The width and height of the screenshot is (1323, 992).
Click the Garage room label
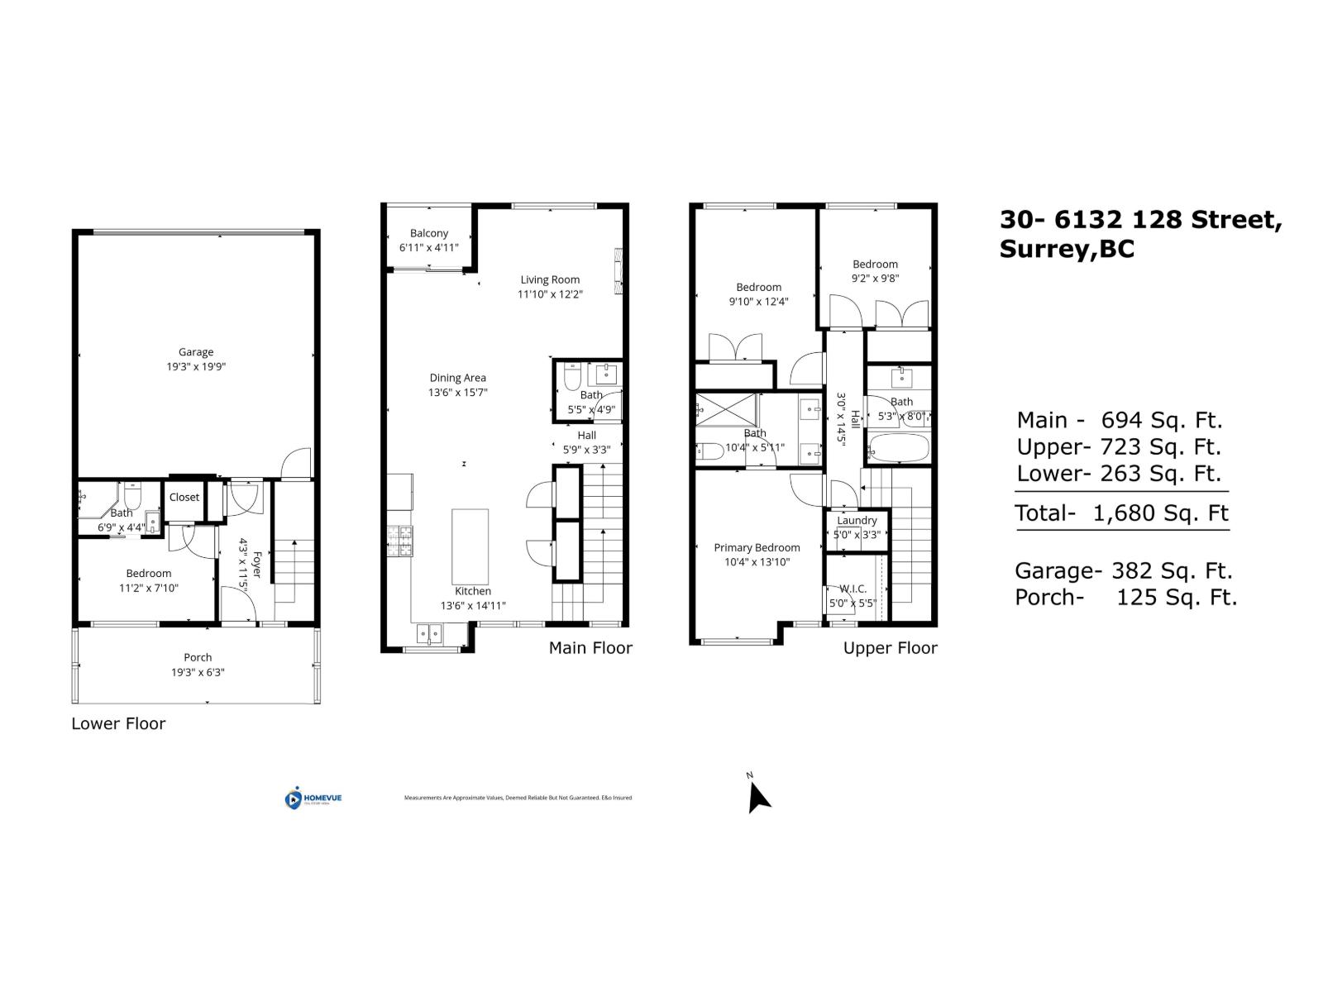tap(196, 352)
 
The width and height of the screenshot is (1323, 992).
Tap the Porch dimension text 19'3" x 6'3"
tap(198, 672)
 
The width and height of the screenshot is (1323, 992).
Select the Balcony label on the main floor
tap(429, 234)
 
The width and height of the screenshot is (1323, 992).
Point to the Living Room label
tap(550, 279)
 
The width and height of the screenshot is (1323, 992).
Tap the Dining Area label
tap(457, 378)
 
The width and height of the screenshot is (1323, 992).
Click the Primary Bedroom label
tap(757, 547)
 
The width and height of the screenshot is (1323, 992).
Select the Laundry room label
tap(857, 520)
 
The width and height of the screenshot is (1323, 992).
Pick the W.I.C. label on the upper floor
tap(853, 589)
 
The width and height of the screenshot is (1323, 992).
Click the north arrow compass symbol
tap(757, 797)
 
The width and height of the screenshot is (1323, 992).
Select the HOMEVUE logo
tap(313, 799)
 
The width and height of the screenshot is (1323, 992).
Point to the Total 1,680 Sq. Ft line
tap(1122, 513)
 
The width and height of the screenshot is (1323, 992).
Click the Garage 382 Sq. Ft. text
tap(1123, 571)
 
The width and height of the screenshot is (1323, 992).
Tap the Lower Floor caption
tap(118, 724)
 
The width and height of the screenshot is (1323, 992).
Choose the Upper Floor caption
tap(890, 648)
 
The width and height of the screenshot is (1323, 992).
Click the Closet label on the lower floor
tap(184, 497)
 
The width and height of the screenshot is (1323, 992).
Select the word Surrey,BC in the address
tap(1067, 250)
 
